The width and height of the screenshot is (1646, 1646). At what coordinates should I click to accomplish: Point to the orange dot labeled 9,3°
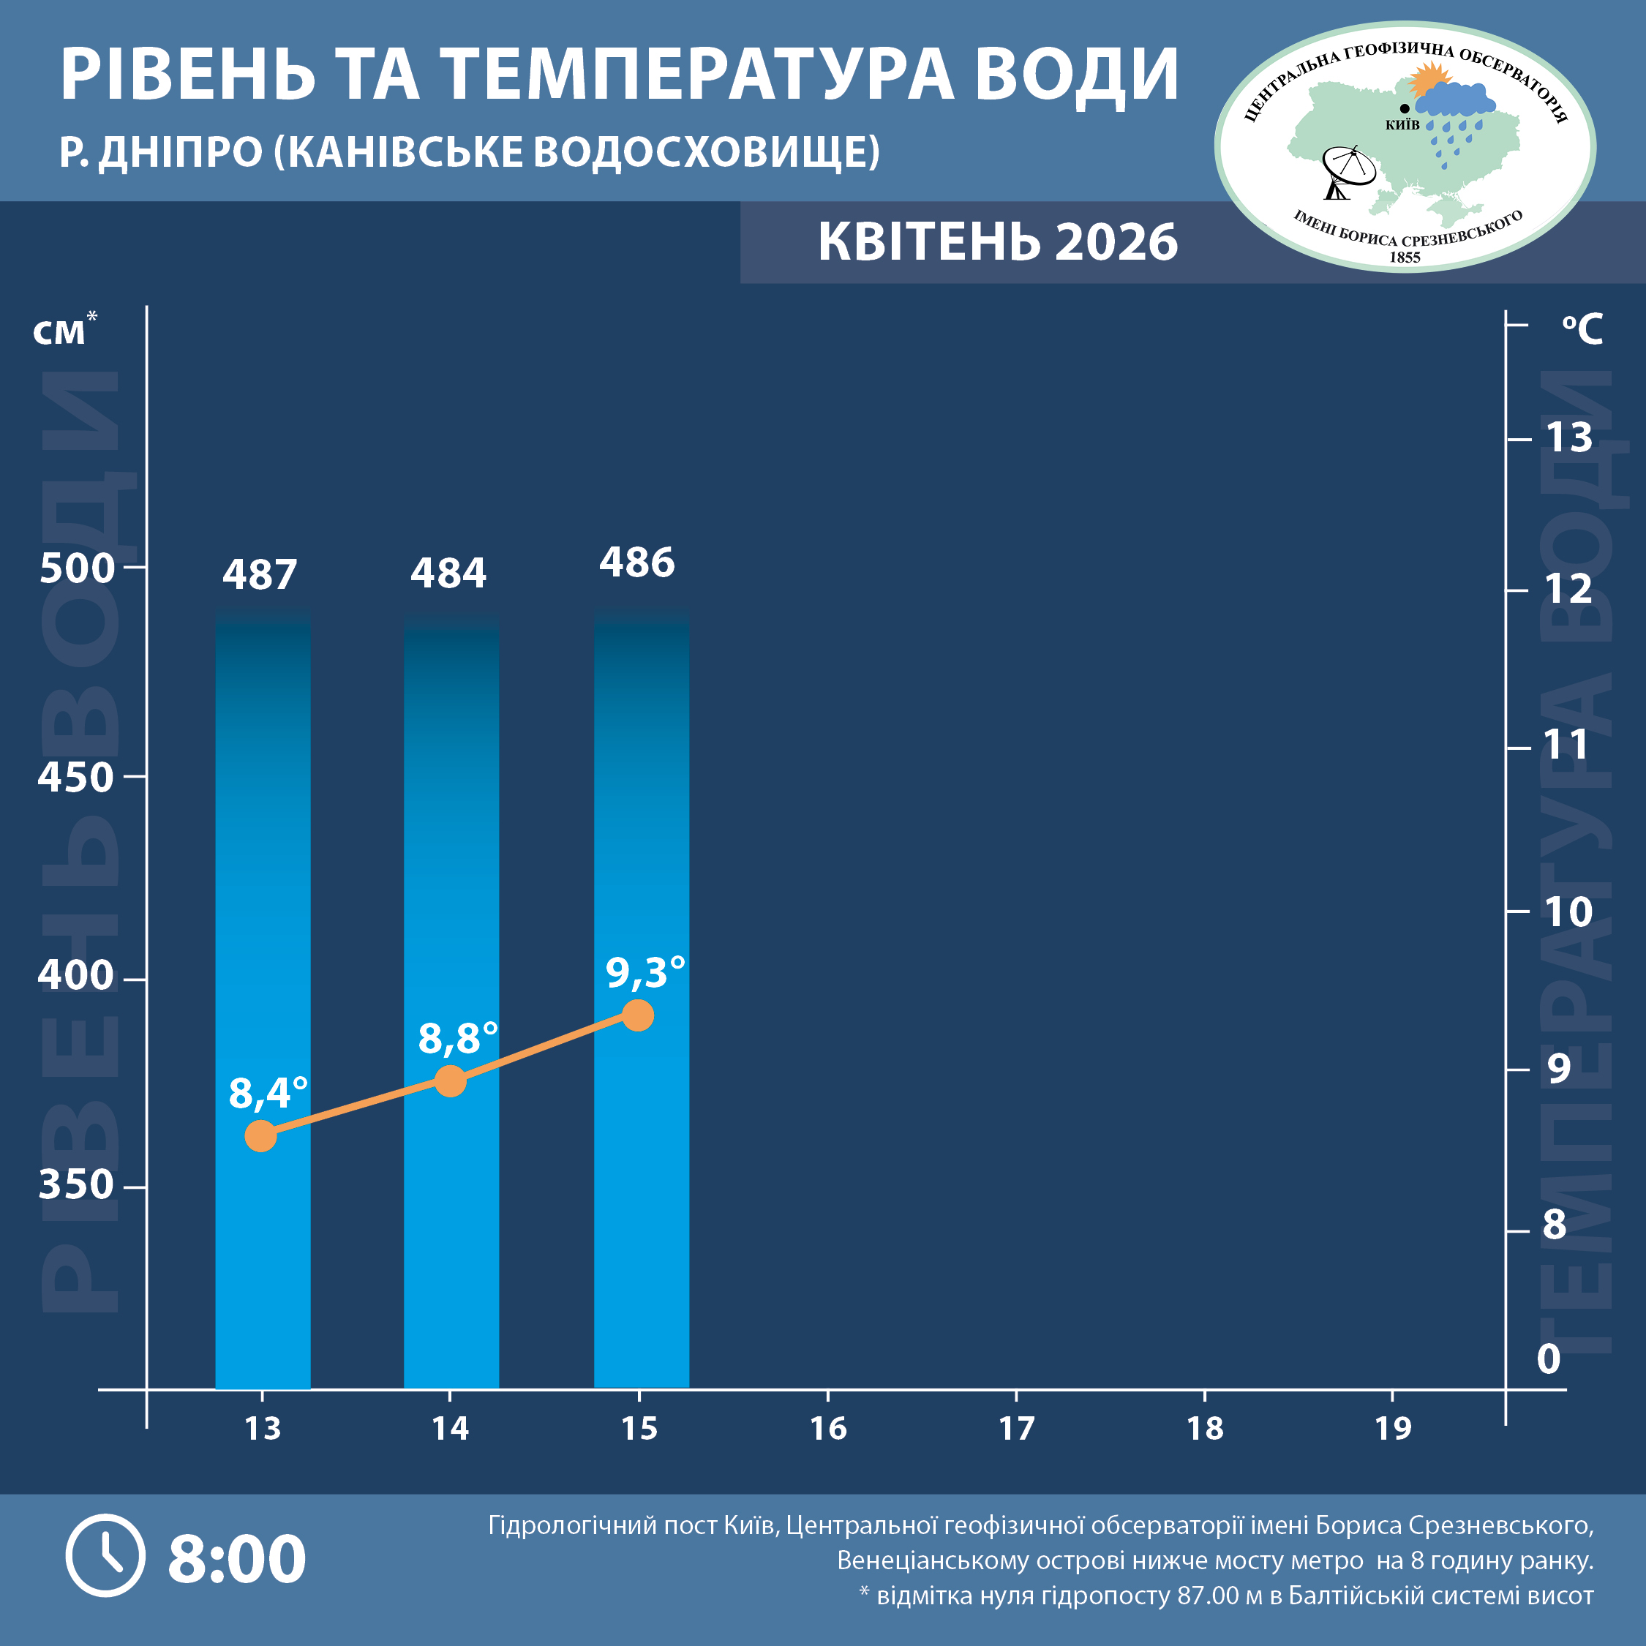[637, 1015]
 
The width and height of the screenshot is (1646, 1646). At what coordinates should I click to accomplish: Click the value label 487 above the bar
[260, 575]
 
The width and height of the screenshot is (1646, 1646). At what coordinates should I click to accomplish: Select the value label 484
[448, 574]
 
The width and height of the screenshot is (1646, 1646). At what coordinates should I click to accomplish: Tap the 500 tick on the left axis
[77, 568]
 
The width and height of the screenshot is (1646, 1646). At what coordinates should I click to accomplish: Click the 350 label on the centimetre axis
[76, 1184]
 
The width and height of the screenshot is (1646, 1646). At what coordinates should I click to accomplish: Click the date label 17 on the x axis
[1015, 1429]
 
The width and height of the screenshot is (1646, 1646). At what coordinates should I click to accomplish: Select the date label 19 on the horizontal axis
[1392, 1429]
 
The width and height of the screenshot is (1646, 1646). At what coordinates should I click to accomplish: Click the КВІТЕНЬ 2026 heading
[998, 242]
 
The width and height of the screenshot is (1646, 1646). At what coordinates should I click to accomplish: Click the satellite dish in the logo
[1347, 170]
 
